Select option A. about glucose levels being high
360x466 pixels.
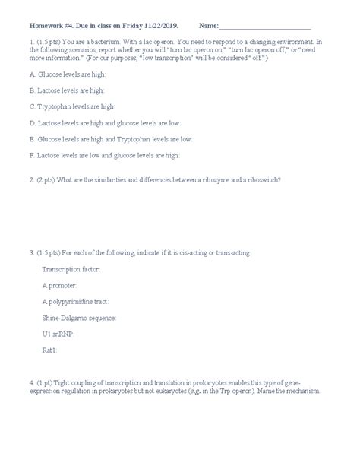pyautogui.click(x=66, y=76)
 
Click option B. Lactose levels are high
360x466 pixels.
pyautogui.click(x=67, y=92)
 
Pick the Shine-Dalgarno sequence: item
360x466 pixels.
pyautogui.click(x=79, y=317)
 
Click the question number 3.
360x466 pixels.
pyautogui.click(x=30, y=252)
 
